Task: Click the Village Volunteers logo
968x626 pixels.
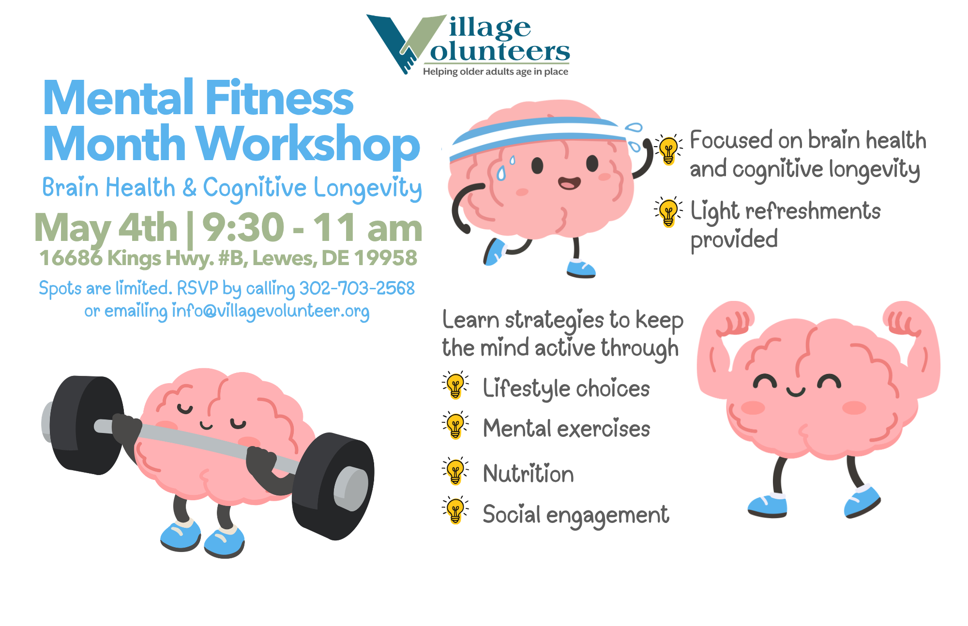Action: tap(468, 45)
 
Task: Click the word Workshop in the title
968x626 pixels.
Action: tap(308, 144)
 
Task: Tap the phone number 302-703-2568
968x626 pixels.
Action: tap(357, 288)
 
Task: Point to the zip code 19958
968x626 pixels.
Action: tap(386, 258)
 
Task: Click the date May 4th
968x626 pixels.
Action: tap(106, 228)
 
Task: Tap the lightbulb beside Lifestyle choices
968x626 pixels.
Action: tap(455, 385)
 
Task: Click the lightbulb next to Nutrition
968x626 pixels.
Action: tap(455, 471)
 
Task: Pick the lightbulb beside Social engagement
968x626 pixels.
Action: tap(455, 510)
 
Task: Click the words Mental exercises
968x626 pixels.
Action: tap(566, 429)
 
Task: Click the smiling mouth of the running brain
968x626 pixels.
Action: tap(569, 183)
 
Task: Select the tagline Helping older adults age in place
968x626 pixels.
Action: tap(496, 72)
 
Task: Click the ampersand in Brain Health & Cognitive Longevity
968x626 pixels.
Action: tap(190, 188)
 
